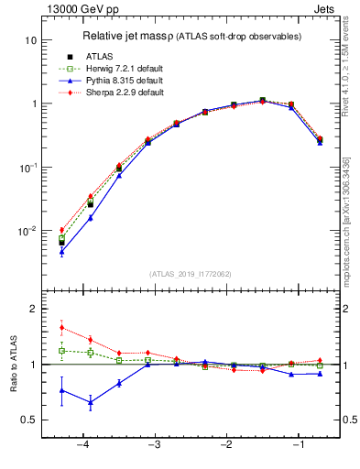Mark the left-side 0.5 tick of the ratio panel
(27, 420)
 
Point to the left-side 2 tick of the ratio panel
(32, 310)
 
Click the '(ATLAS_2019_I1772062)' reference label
(190, 274)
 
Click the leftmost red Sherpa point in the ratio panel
(61, 327)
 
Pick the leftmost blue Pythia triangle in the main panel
(61, 252)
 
